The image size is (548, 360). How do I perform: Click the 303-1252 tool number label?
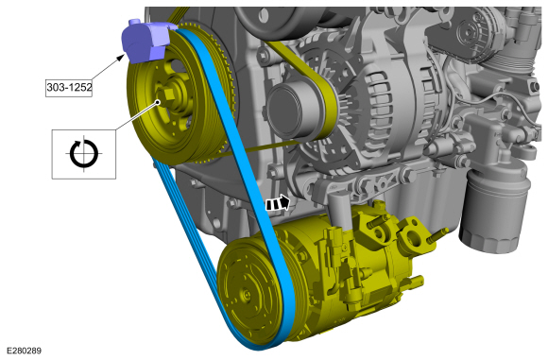[x=69, y=87]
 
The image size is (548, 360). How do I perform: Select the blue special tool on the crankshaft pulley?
[x=146, y=41]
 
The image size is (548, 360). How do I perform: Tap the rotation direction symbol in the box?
[x=84, y=153]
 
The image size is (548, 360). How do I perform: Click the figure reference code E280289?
[x=24, y=351]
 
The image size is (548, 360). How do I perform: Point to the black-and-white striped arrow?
[x=278, y=203]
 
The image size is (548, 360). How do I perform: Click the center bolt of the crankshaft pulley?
[x=167, y=94]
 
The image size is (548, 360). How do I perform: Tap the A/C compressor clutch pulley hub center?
[x=247, y=296]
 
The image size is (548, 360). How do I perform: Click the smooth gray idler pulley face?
[x=292, y=111]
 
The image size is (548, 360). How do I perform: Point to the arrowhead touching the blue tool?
[x=121, y=57]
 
